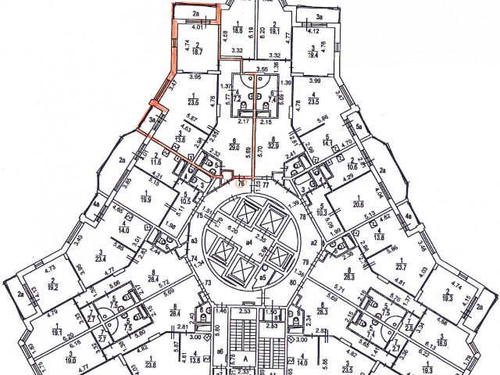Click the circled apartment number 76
pos(241,184)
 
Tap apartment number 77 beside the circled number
pos(265,184)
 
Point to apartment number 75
pos(200,215)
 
